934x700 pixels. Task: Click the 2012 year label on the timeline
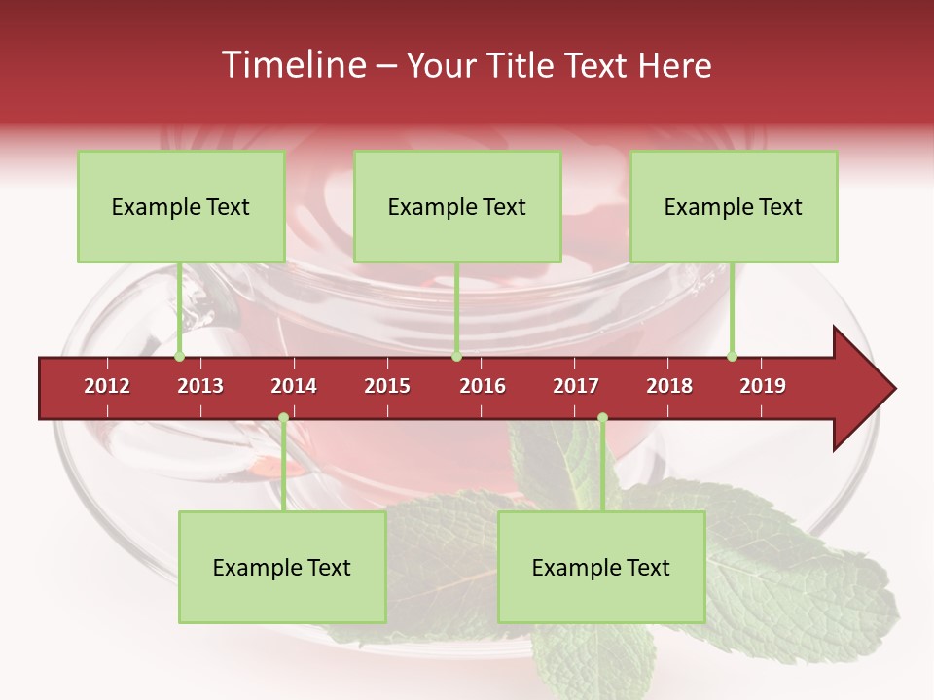pos(107,386)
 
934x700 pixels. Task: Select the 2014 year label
pos(294,386)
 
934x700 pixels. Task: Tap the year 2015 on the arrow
pos(387,386)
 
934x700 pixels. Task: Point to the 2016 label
pos(483,386)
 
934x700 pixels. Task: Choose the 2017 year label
pos(576,386)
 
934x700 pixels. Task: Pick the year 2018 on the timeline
pos(669,386)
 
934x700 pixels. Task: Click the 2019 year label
pos(763,386)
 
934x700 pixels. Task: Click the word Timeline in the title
pos(292,65)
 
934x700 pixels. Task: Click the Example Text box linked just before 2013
pos(181,206)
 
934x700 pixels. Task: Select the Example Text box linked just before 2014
pos(282,567)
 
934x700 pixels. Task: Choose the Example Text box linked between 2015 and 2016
pos(457,206)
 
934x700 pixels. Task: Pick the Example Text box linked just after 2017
pos(601,567)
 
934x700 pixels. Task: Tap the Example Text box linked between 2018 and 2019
pos(734,206)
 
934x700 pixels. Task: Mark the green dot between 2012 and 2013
pos(179,357)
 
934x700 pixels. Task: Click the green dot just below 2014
pos(283,418)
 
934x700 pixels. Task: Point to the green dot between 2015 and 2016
pos(456,357)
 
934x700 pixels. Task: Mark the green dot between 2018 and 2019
pos(732,357)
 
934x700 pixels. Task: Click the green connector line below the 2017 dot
pos(602,467)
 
